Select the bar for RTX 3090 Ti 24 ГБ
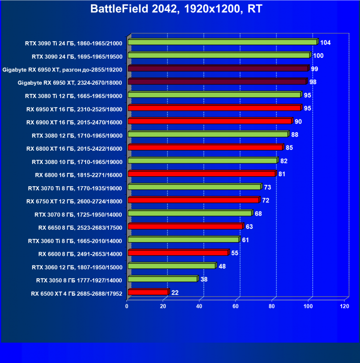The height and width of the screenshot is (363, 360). tap(222, 42)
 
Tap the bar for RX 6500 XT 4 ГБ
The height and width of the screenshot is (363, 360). tap(148, 292)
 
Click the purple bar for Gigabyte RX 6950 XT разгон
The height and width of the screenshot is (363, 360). tap(218, 69)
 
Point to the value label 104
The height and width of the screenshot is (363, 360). tap(325, 43)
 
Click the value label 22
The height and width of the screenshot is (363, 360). tap(175, 293)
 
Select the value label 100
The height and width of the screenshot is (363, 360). tap(318, 56)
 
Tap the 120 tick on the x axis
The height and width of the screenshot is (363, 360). tap(344, 307)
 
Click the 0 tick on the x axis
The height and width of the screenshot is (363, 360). tap(127, 307)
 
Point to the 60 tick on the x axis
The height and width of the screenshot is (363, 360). tap(235, 307)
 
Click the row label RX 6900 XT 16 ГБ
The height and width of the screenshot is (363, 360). tap(74, 122)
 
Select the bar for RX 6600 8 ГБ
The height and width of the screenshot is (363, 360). tap(178, 253)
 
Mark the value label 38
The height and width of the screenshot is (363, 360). tap(204, 279)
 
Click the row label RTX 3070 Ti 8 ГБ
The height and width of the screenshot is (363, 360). tap(75, 188)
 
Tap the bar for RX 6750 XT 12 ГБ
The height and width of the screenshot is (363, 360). tap(193, 200)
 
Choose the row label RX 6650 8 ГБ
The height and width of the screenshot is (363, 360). tap(81, 227)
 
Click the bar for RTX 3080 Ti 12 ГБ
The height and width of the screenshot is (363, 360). tap(214, 95)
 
